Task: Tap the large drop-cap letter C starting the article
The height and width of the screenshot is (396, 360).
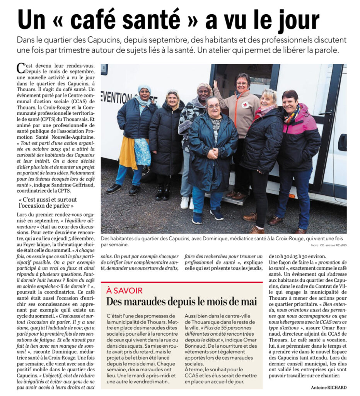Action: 20,68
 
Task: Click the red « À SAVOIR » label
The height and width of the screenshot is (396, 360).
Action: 124,290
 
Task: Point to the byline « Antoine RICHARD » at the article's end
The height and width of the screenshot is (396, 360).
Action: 329,387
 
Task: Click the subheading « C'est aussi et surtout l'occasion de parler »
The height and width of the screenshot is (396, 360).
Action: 48,203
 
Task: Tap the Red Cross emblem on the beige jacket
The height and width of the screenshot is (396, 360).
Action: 245,104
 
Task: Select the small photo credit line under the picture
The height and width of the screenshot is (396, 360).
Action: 328,245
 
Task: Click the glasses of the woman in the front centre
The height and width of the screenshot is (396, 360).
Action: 213,106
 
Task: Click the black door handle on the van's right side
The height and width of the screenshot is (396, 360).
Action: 342,142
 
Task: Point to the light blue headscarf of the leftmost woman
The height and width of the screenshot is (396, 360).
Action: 144,90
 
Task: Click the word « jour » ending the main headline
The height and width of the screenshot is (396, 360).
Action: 295,19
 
